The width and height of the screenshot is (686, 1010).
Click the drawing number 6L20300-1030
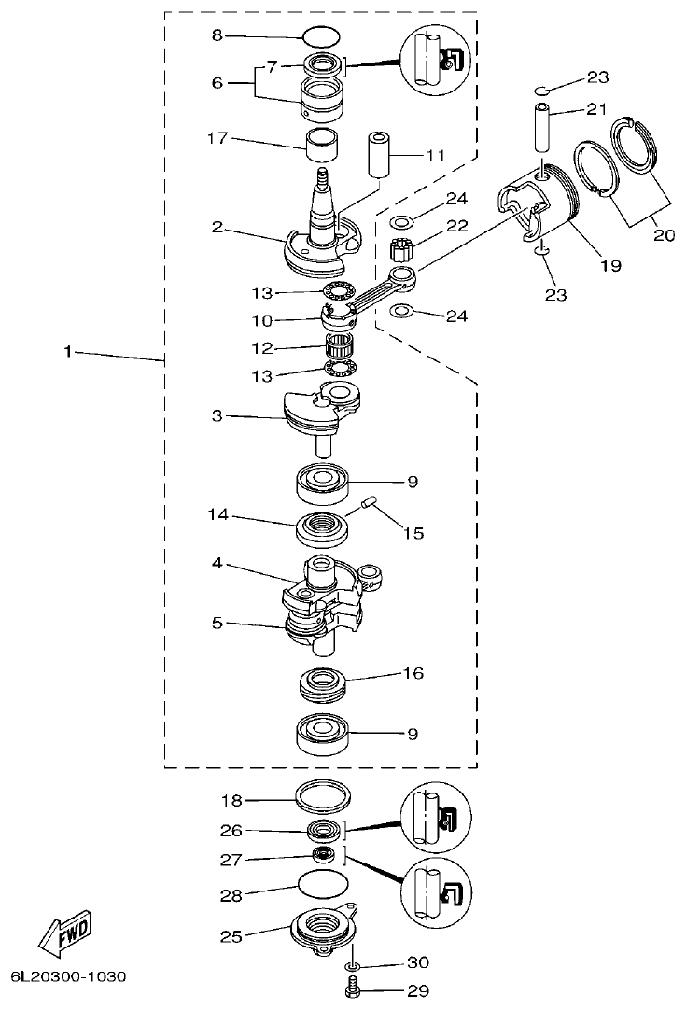67,976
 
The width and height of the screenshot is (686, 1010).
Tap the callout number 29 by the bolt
417,991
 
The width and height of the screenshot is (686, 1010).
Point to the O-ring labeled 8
320,37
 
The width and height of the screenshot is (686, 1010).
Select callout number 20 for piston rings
664,235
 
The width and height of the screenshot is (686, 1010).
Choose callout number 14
217,514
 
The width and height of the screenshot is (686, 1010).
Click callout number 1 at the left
67,352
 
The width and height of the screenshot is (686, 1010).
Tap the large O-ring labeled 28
323,883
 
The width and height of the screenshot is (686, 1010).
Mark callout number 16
413,672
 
